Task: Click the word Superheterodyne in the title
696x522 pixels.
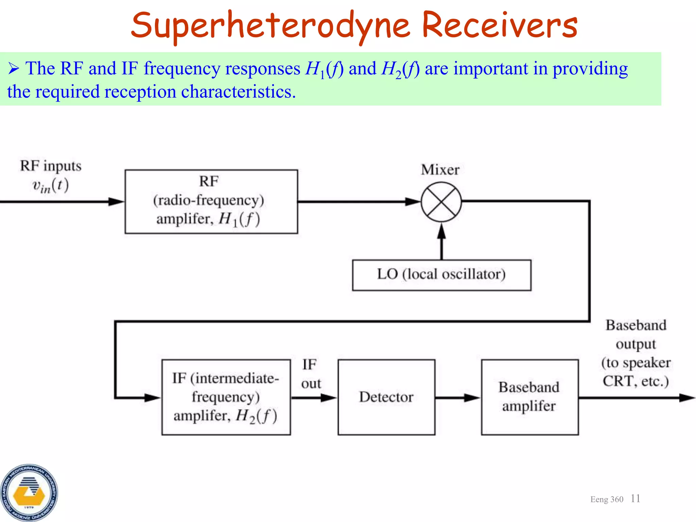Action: click(x=270, y=25)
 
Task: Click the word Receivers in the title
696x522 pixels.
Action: click(x=500, y=25)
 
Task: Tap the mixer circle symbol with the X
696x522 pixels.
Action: click(x=441, y=202)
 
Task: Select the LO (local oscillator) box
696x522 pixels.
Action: click(x=441, y=275)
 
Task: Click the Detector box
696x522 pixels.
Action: click(x=386, y=397)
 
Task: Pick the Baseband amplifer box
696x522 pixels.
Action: click(x=529, y=397)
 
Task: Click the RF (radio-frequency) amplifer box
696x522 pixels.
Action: click(x=211, y=202)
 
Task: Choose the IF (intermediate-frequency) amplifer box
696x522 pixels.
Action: click(x=226, y=397)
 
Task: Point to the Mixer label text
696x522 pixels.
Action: click(x=440, y=170)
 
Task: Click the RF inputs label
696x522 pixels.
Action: click(x=51, y=166)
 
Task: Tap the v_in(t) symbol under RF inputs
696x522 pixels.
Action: click(x=51, y=186)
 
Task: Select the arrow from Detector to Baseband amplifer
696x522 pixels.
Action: click(x=457, y=397)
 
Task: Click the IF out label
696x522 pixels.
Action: click(x=310, y=374)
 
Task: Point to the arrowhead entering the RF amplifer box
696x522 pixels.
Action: click(x=116, y=202)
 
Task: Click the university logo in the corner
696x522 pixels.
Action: click(x=29, y=492)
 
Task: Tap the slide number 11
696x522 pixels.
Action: click(x=635, y=499)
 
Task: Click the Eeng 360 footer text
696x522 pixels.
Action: click(x=607, y=499)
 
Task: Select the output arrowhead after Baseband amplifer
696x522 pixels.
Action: click(x=686, y=397)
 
